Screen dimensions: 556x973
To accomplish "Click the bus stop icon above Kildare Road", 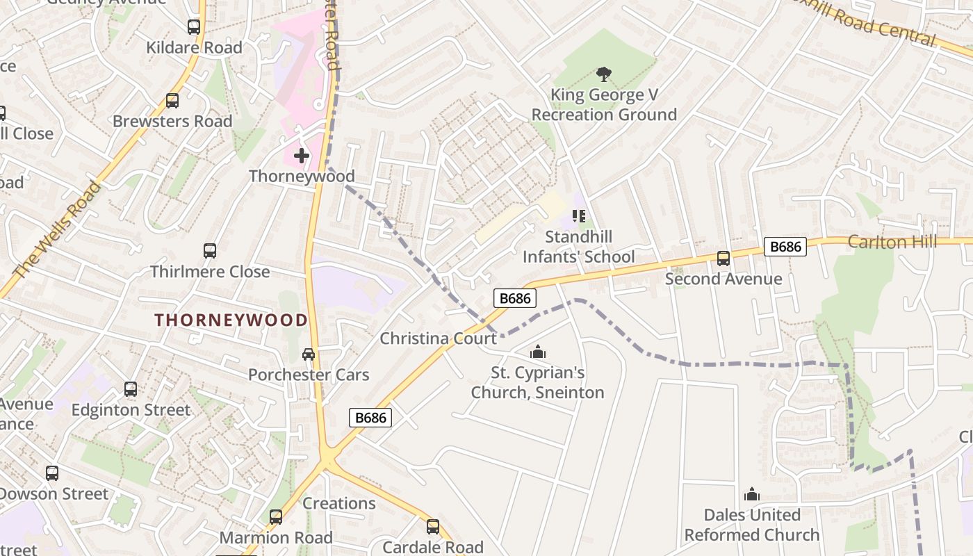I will pos(194,27).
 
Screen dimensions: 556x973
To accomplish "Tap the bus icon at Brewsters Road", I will pos(172,101).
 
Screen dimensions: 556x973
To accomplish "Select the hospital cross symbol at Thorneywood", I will pos(301,155).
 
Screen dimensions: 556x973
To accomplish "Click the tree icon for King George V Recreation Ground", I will pos(604,74).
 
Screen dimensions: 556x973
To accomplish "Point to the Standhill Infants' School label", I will pos(579,247).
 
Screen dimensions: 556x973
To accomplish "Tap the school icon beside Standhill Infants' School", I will pos(578,216).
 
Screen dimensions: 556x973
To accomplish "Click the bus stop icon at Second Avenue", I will pos(723,259).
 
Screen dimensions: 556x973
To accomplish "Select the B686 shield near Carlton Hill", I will pos(785,246).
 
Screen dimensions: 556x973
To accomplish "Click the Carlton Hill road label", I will pos(892,242).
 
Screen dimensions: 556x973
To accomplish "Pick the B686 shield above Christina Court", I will pos(515,298).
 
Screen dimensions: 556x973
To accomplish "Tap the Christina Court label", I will pos(438,338).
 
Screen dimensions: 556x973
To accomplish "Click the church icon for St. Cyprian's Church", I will pos(537,352).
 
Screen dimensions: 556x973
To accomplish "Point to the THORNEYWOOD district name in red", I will pos(231,320).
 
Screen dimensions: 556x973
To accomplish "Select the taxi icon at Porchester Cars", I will pos(309,354).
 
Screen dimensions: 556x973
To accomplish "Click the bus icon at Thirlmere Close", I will pos(210,251).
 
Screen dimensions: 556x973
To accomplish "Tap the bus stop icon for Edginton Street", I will pos(131,389).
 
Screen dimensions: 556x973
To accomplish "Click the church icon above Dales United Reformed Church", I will pos(751,495).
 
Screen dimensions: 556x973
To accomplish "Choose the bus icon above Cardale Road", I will pos(433,527).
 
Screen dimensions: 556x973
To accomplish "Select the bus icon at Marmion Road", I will pos(276,517).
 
